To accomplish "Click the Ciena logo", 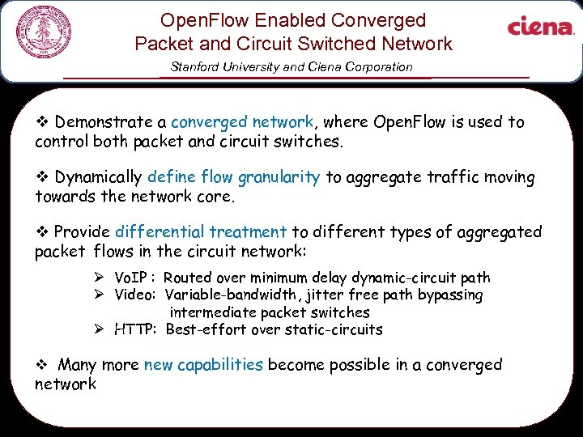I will (x=540, y=28).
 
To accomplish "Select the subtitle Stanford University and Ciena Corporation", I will (x=291, y=67).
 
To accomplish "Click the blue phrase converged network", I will (x=242, y=122).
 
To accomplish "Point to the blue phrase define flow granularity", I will (x=234, y=176).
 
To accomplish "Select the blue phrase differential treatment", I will (x=201, y=231).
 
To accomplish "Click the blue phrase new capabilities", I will (x=203, y=365).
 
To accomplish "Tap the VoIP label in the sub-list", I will (x=134, y=278).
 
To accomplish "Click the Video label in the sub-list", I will (x=135, y=295).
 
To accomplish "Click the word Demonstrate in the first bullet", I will (x=109, y=122).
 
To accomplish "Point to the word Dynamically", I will (x=98, y=176).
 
